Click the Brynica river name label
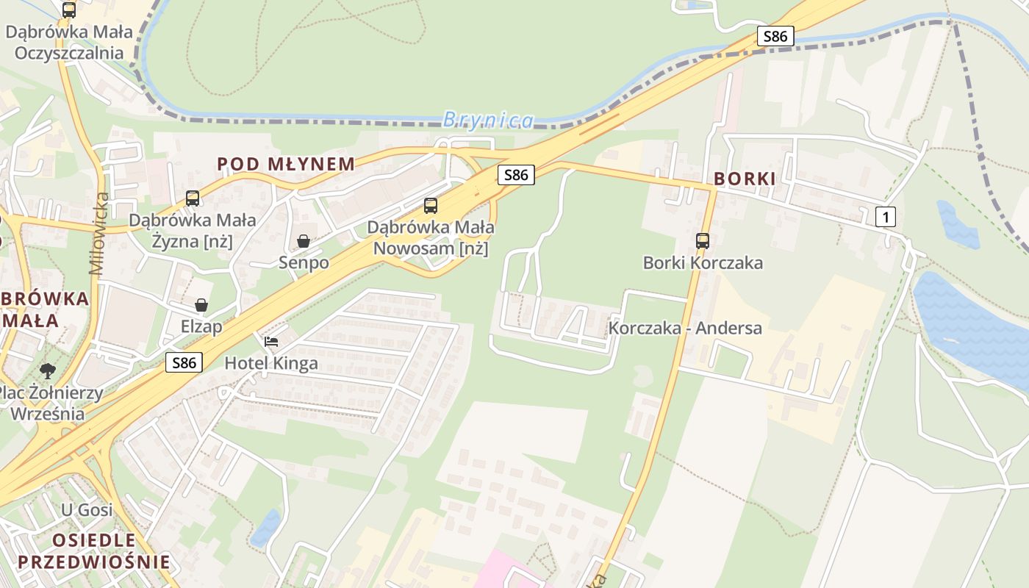point(488,120)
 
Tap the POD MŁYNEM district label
point(286,164)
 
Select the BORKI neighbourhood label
point(745,179)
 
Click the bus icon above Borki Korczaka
point(703,240)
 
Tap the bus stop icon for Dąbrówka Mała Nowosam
point(431,206)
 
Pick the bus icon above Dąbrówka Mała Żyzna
point(193,198)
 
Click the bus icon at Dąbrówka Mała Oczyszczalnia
point(69,10)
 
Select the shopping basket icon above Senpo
point(304,240)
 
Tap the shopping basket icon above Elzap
point(201,304)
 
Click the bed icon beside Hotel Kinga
point(271,342)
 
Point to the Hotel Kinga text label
point(271,362)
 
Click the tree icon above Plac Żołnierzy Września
point(48,370)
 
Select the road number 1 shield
point(886,217)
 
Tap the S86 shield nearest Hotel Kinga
point(184,362)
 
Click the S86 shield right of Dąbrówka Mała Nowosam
point(516,174)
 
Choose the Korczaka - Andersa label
point(685,328)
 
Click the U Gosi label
point(87,509)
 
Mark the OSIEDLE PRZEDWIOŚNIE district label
point(93,552)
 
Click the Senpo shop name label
point(304,262)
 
